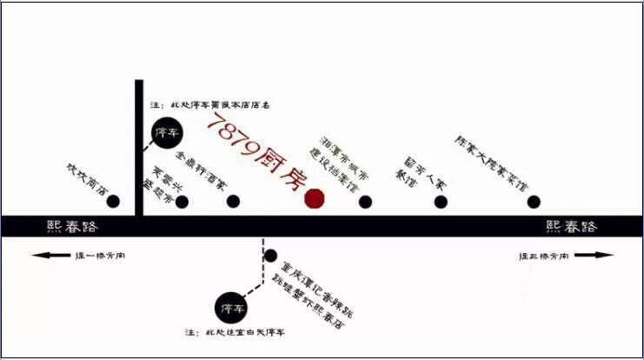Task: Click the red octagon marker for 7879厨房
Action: [315, 198]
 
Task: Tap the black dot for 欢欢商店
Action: [113, 202]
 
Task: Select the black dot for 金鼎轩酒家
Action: [233, 202]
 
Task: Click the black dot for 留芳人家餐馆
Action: [442, 202]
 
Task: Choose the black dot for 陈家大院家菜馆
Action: [532, 202]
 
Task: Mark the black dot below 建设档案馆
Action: [365, 202]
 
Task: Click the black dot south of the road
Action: [270, 257]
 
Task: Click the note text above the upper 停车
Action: [208, 105]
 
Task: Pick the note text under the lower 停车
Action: [235, 333]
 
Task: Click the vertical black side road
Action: [139, 148]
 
